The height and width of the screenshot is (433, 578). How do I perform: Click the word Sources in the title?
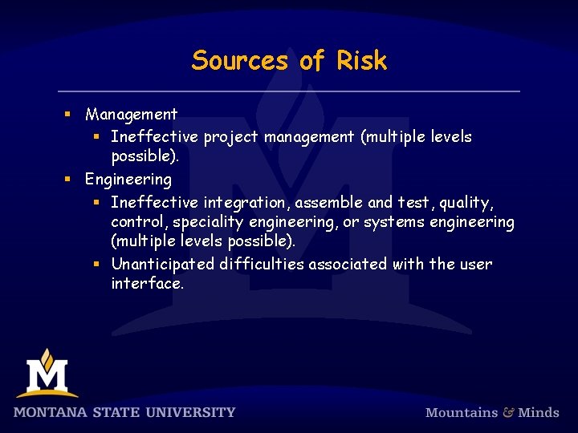pos(239,61)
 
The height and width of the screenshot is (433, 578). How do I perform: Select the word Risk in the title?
pos(361,61)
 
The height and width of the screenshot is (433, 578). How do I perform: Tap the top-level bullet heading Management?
pos(131,115)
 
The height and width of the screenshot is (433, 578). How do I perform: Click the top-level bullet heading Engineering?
pos(128,179)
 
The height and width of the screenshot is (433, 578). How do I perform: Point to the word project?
pos(231,137)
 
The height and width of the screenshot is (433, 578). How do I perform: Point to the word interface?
pos(148,284)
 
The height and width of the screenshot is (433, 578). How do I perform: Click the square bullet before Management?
pos(70,115)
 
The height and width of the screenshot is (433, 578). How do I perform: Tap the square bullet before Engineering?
pos(70,180)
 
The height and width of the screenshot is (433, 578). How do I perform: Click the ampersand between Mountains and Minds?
pos(508,413)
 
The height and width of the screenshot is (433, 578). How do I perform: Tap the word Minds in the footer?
pos(539,413)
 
